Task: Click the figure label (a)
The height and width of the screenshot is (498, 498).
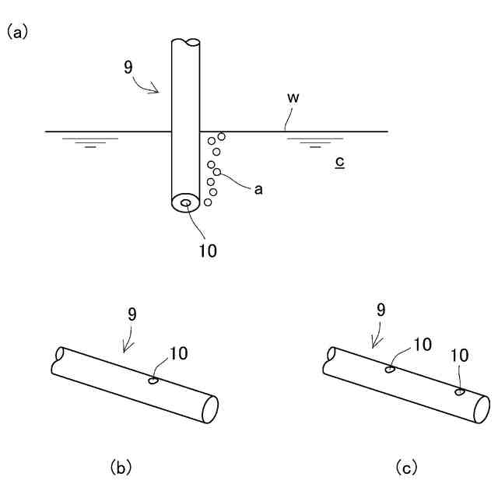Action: click(18, 32)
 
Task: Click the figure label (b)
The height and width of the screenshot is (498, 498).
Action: click(121, 467)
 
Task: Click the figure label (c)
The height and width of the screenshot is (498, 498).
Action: click(406, 467)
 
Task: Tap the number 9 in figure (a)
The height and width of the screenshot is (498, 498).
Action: click(128, 66)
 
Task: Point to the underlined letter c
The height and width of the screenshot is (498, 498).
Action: click(339, 163)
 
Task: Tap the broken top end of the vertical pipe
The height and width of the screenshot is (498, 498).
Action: click(186, 41)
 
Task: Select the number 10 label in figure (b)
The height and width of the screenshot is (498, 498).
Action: click(177, 353)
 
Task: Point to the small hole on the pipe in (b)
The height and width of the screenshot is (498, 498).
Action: click(153, 381)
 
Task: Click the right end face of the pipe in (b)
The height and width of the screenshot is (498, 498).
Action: click(210, 409)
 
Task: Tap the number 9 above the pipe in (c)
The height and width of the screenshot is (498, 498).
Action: click(381, 309)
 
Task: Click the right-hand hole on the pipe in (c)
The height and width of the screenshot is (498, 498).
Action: click(460, 391)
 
